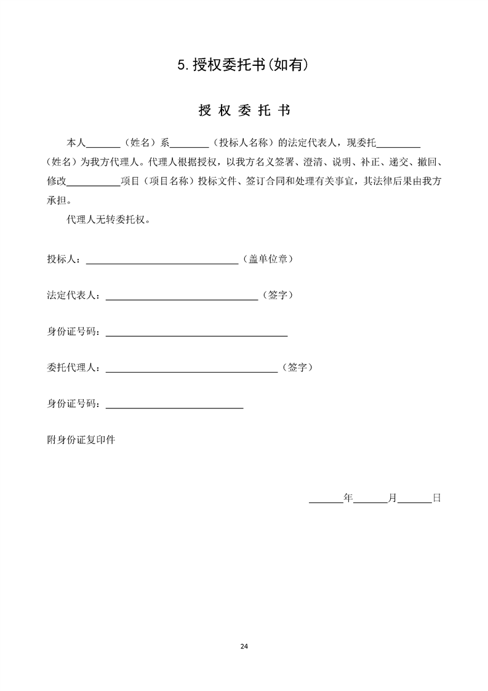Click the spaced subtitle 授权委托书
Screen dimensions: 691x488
coord(244,111)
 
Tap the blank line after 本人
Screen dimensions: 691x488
coord(103,147)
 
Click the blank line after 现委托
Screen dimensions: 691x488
coord(398,147)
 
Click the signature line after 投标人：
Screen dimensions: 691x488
coord(162,262)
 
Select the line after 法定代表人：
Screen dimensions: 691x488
coord(182,299)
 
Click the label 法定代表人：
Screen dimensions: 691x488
coord(75,296)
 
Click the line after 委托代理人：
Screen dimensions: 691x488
coord(191,371)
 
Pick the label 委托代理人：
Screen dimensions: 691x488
coord(75,368)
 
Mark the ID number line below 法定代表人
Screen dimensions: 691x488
coord(197,336)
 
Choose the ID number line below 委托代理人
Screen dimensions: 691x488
coord(175,408)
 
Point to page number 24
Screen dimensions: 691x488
coord(244,646)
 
